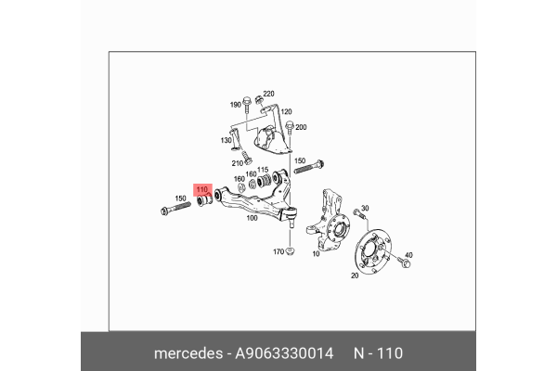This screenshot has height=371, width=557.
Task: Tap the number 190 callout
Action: click(x=236, y=105)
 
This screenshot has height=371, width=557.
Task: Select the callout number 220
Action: click(x=269, y=95)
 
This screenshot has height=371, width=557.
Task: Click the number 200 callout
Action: click(x=301, y=126)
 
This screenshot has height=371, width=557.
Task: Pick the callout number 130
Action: click(x=226, y=140)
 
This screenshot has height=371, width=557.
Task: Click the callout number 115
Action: click(x=263, y=170)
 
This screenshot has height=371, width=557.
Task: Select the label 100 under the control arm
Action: click(x=252, y=220)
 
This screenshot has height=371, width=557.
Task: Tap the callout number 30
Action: click(x=365, y=208)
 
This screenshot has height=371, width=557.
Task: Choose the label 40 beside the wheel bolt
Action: click(x=408, y=255)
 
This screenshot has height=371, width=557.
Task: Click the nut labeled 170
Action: click(x=291, y=250)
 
